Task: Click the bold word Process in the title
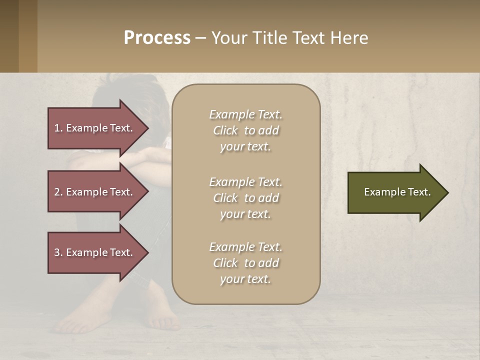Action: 157,38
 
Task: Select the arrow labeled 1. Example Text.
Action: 95,128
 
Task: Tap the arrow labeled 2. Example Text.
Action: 95,192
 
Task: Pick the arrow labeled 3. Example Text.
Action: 95,252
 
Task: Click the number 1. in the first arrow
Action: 58,128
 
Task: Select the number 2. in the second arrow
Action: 58,192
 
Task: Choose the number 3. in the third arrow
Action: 58,252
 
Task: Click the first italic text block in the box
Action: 245,130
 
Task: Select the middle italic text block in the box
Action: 245,198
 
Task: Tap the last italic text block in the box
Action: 245,263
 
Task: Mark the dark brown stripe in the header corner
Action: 9,36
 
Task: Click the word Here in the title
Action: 349,38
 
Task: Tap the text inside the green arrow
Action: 397,192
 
